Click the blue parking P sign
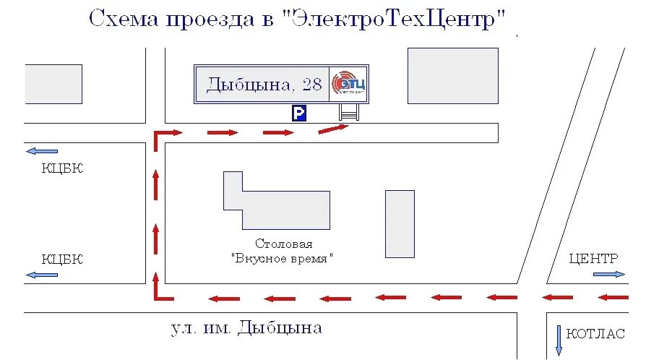[x=299, y=113]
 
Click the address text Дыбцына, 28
[x=264, y=85]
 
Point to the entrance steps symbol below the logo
[x=349, y=113]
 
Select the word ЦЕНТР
[x=593, y=258]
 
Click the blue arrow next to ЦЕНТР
[x=609, y=274]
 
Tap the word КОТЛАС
[x=595, y=334]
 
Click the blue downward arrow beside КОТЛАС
[x=559, y=340]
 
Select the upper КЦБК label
[x=62, y=168]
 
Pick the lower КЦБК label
[x=62, y=259]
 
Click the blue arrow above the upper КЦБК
[x=41, y=152]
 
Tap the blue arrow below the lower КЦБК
[x=41, y=275]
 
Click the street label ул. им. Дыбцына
[x=246, y=328]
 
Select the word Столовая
[x=283, y=244]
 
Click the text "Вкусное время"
[x=283, y=257]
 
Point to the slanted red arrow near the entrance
[x=334, y=129]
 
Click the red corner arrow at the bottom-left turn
[x=160, y=292]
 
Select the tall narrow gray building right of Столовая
[x=400, y=223]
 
